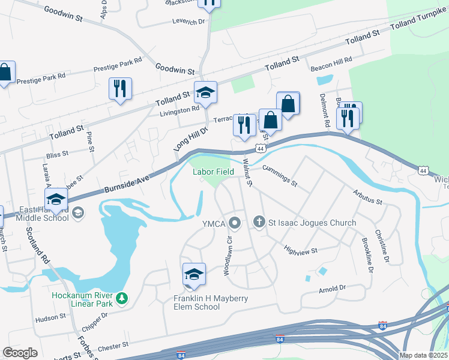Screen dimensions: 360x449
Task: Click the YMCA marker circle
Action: point(235,223)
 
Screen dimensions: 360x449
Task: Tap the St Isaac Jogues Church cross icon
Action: point(259,223)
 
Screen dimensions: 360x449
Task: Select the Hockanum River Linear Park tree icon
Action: point(122,298)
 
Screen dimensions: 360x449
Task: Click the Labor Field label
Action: point(213,172)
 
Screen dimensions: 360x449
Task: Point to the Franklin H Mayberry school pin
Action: point(194,274)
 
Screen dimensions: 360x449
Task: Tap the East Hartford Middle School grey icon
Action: point(78,212)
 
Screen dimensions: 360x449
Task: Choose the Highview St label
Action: point(301,250)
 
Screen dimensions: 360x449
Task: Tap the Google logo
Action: point(20,353)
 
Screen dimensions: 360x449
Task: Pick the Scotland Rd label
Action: point(38,248)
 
